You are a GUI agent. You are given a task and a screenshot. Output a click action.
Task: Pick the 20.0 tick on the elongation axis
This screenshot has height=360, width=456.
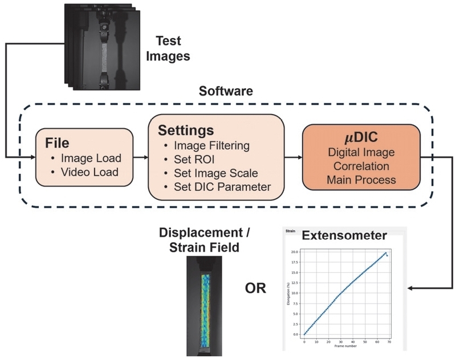coord(295,251)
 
